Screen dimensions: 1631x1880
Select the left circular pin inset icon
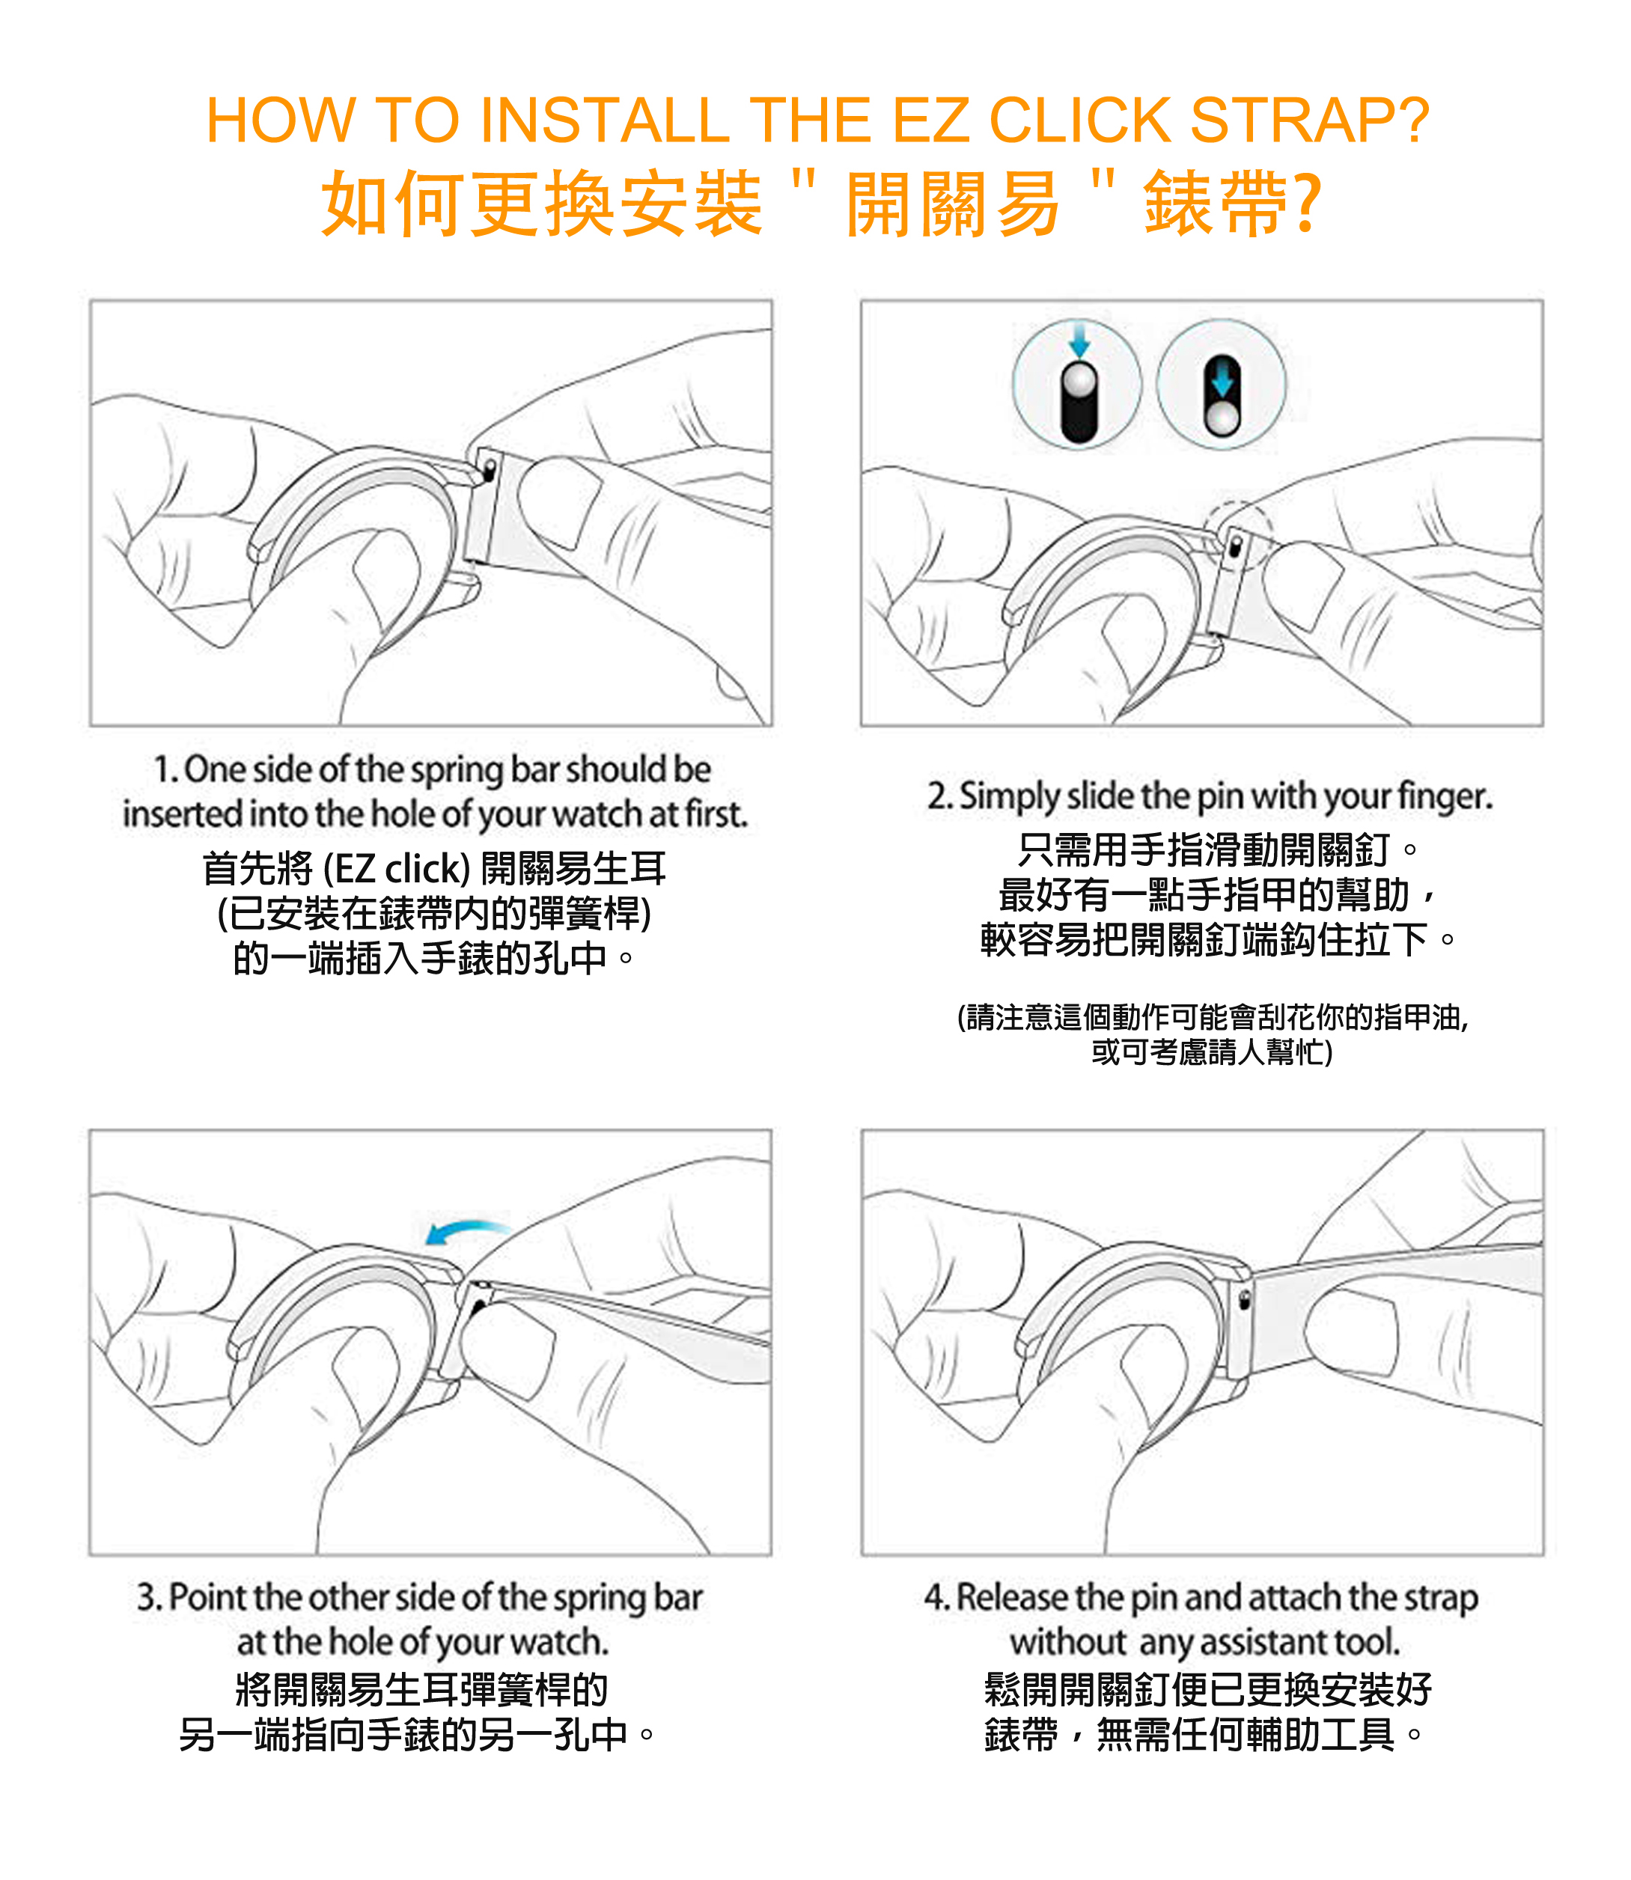(x=1078, y=384)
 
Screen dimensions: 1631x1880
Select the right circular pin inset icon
(x=1222, y=384)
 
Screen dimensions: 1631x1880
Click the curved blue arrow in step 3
(x=468, y=1230)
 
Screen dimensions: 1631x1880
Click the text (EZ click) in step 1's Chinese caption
(x=397, y=869)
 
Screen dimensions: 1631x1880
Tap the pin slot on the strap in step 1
(x=489, y=469)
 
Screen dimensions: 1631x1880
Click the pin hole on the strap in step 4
(x=1245, y=1300)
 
